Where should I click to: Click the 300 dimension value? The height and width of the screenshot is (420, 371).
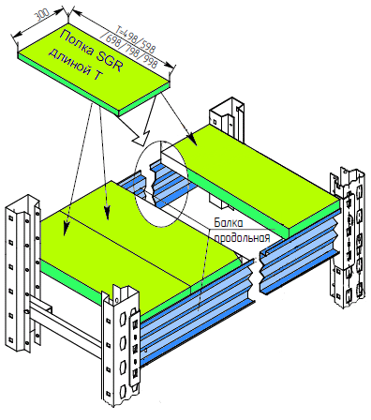(41, 15)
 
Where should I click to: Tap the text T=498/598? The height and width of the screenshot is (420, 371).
(135, 38)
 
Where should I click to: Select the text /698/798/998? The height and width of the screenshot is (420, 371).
(128, 50)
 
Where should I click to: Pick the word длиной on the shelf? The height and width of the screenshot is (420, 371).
(66, 61)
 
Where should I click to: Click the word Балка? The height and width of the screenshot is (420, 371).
(229, 223)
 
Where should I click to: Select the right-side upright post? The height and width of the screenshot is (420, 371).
(348, 237)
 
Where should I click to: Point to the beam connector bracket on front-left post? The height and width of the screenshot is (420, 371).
(135, 350)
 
